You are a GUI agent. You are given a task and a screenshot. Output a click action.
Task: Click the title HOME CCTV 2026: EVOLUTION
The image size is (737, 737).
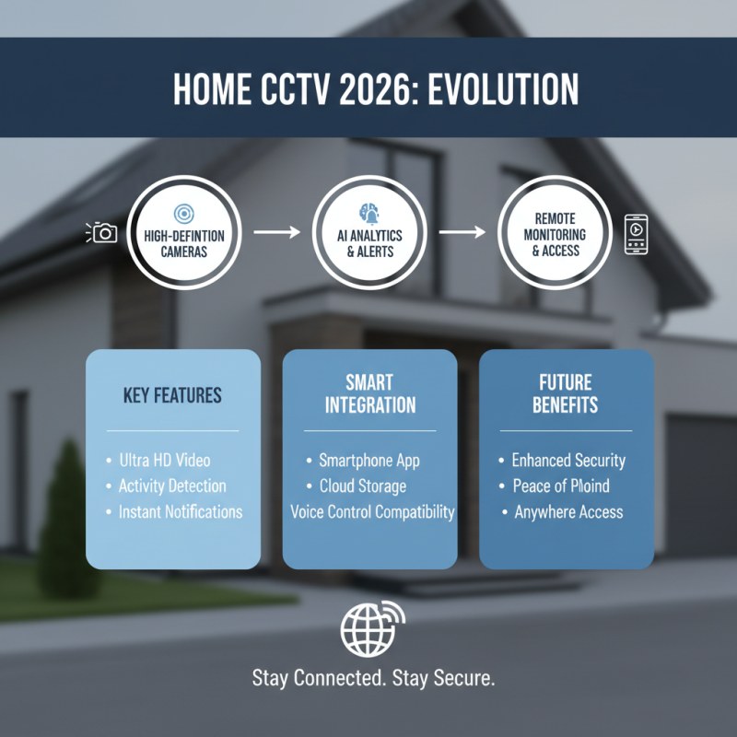pos(375,88)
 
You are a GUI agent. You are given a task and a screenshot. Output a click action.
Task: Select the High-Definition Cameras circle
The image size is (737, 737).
pos(184,232)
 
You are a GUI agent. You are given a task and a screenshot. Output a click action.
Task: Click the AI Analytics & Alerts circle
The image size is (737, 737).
pos(369,232)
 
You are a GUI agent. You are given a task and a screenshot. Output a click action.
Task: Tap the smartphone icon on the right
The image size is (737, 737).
pos(637,233)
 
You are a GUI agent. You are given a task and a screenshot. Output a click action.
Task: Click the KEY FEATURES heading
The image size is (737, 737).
pos(172,395)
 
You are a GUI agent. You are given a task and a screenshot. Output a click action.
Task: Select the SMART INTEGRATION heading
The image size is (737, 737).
pos(369,393)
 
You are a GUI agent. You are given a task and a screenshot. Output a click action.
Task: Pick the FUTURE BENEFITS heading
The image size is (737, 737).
pos(566,393)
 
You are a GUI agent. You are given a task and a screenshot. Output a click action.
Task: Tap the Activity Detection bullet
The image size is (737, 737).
pos(172,485)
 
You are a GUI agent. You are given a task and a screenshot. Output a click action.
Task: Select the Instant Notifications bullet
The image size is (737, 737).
pos(180,511)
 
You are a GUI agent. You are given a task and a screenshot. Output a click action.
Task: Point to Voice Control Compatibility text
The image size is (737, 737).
pos(372,511)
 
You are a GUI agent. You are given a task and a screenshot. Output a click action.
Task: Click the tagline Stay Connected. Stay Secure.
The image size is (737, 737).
pos(374,679)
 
